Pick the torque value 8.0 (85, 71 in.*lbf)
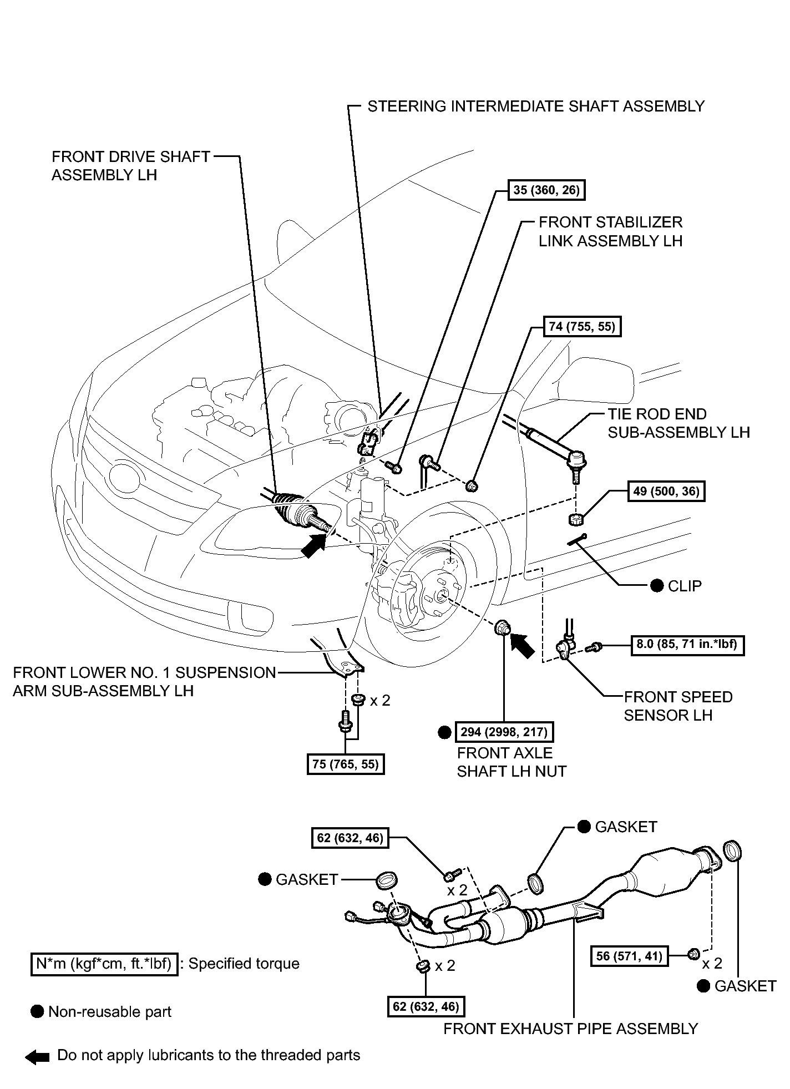[x=687, y=645]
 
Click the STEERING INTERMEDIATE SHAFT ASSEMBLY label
[x=536, y=106]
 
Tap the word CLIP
[x=685, y=586]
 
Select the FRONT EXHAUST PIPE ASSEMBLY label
[x=570, y=1029]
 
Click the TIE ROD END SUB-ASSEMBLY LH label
[x=678, y=423]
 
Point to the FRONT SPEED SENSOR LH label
[x=678, y=706]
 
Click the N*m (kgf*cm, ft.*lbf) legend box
[x=104, y=964]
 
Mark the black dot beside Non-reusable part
[x=38, y=1011]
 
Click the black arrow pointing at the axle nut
[x=522, y=645]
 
